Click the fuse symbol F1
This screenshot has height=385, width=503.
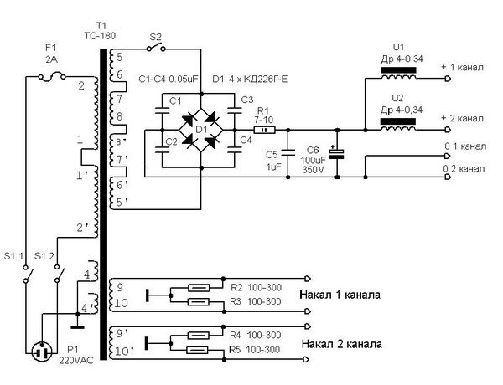(52, 77)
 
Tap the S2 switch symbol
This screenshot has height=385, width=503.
(156, 48)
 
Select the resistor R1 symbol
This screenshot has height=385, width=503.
(265, 130)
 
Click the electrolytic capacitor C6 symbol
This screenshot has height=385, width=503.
(337, 153)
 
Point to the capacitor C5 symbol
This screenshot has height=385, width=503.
(288, 153)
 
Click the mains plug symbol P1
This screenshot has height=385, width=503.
(42, 352)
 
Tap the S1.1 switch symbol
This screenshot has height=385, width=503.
(27, 275)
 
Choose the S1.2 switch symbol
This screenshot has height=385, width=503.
(59, 275)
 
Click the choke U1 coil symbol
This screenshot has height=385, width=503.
(398, 74)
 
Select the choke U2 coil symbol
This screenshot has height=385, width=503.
(398, 126)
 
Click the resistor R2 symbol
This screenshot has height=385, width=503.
(199, 288)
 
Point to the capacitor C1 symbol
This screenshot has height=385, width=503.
(162, 110)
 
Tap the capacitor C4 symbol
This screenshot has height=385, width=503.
(235, 150)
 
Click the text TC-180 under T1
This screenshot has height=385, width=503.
(100, 35)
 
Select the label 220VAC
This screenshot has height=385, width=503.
(76, 361)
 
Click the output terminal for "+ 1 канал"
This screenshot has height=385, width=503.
(448, 79)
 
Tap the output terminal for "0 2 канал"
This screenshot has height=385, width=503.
(448, 177)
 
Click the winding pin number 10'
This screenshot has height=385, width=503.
(122, 352)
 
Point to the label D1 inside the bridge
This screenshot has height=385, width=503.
(201, 130)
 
